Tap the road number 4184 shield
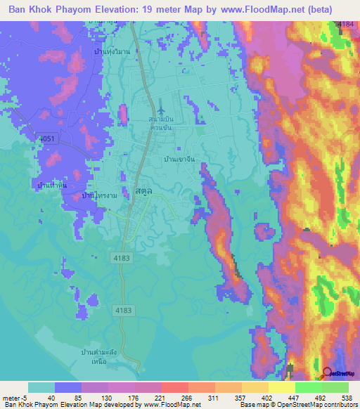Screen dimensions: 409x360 pyautogui.click(x=345, y=24)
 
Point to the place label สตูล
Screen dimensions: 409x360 pyautogui.click(x=143, y=190)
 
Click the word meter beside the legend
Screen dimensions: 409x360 pyautogui.click(x=12, y=398)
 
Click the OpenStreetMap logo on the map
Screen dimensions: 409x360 pyautogui.click(x=341, y=375)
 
